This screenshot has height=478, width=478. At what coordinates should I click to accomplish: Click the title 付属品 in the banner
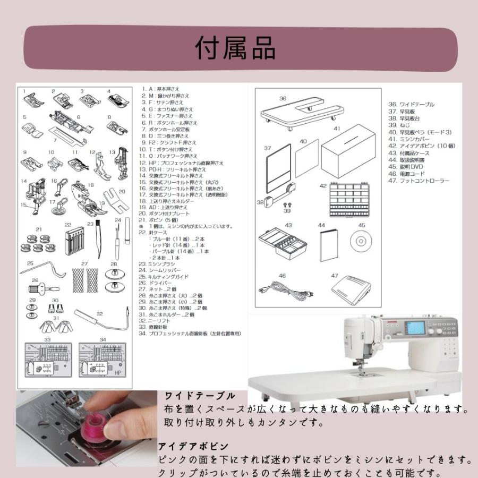point(236,49)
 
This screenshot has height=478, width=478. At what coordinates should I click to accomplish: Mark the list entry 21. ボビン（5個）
point(159,219)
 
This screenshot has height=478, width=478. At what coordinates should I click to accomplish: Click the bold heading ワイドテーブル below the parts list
point(200,396)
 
